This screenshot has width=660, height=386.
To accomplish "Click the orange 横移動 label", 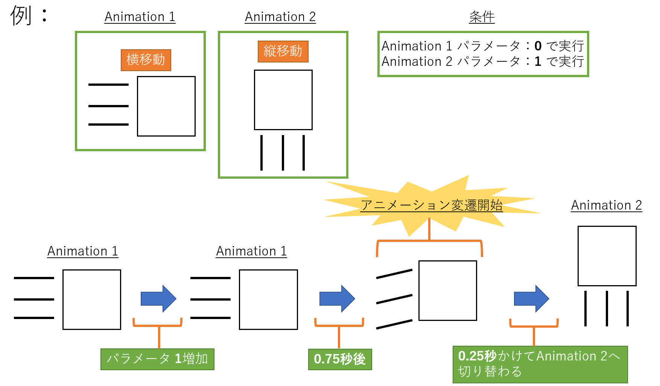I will pyautogui.click(x=146, y=60).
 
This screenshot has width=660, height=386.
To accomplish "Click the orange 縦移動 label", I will pyautogui.click(x=283, y=51).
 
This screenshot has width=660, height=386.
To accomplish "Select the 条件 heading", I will pyautogui.click(x=482, y=17).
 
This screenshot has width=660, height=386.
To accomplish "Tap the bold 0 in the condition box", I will pyautogui.click(x=538, y=46).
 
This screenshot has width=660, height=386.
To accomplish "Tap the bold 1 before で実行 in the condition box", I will pyautogui.click(x=538, y=61).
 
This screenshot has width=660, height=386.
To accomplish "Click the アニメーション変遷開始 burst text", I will pyautogui.click(x=431, y=205).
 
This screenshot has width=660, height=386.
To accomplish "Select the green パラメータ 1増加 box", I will pyautogui.click(x=157, y=359).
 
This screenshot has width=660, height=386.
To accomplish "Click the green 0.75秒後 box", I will pyautogui.click(x=340, y=359).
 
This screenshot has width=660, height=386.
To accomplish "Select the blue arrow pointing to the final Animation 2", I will pyautogui.click(x=531, y=299).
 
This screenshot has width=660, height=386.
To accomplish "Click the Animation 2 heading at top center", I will pyautogui.click(x=280, y=17).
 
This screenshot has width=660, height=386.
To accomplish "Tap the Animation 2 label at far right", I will pyautogui.click(x=606, y=205).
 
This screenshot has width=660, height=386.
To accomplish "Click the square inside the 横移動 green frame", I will pyautogui.click(x=166, y=106).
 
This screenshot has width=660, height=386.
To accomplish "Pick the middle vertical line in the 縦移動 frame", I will pyautogui.click(x=283, y=153).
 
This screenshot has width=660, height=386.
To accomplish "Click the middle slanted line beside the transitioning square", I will pyautogui.click(x=394, y=299).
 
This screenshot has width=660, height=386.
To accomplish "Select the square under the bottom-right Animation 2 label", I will pyautogui.click(x=607, y=256).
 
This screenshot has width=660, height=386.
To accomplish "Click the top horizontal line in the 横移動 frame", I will pyautogui.click(x=108, y=85).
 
